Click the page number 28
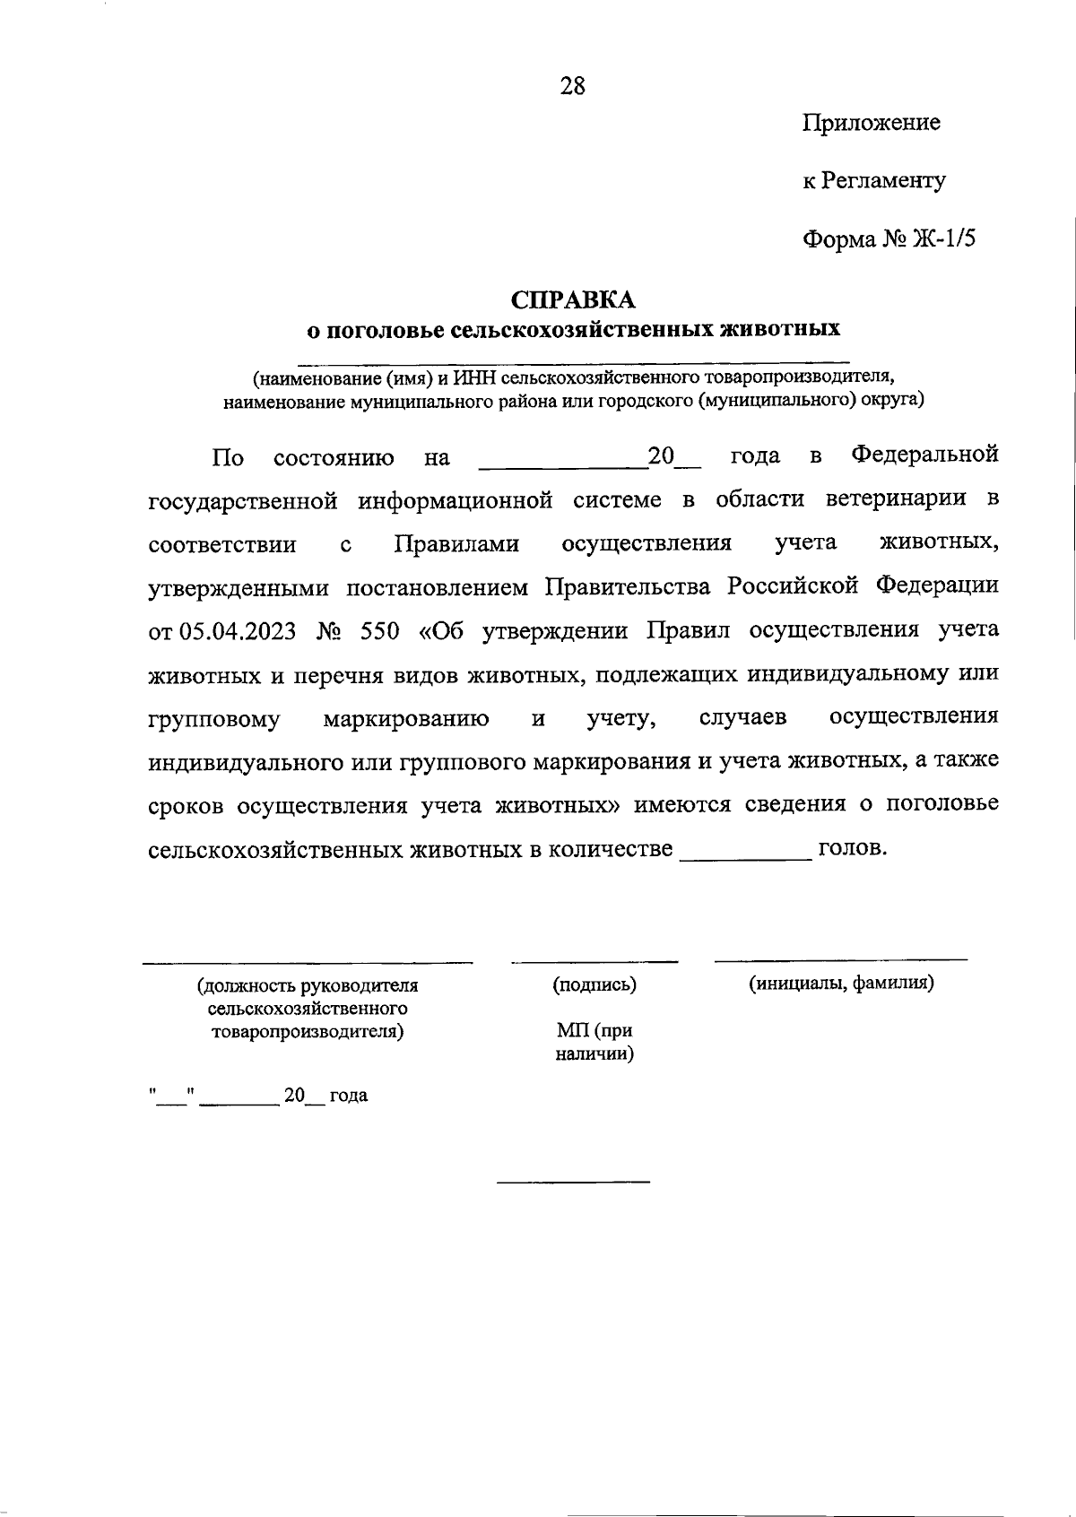pyautogui.click(x=572, y=86)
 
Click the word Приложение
pyautogui.click(x=871, y=123)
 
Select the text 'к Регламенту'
pyautogui.click(x=873, y=181)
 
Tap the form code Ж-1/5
pyautogui.click(x=942, y=239)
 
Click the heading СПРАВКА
pyautogui.click(x=572, y=299)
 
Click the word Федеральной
pyautogui.click(x=924, y=455)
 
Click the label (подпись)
pyautogui.click(x=594, y=984)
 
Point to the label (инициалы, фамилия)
pyautogui.click(x=841, y=983)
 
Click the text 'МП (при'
pyautogui.click(x=594, y=1032)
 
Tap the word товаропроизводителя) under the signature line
pyautogui.click(x=308, y=1031)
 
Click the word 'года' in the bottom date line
pyautogui.click(x=349, y=1096)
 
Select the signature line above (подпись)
pyautogui.click(x=594, y=962)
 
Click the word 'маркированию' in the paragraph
pyautogui.click(x=406, y=718)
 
